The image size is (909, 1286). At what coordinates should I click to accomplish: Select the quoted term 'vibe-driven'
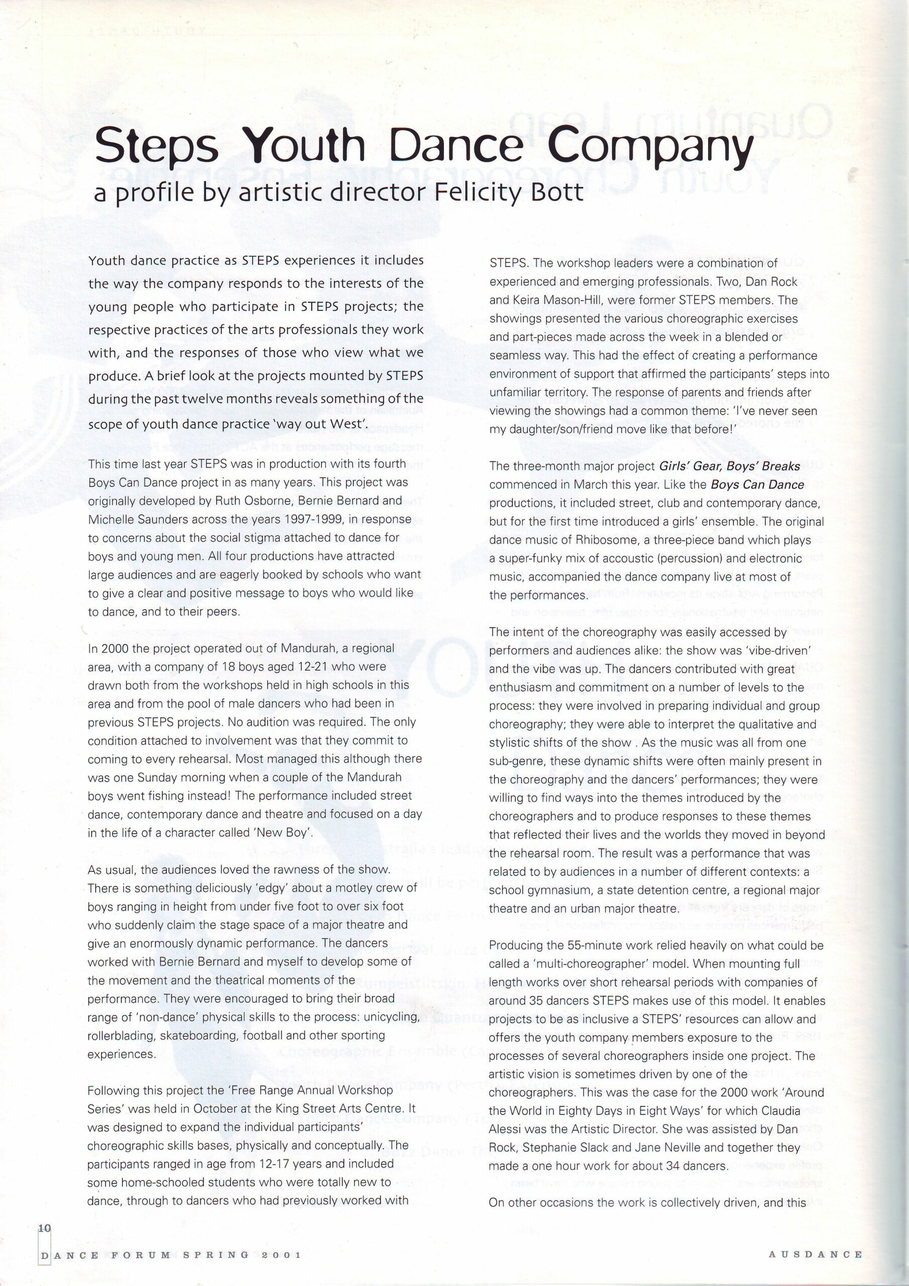click(x=774, y=650)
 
